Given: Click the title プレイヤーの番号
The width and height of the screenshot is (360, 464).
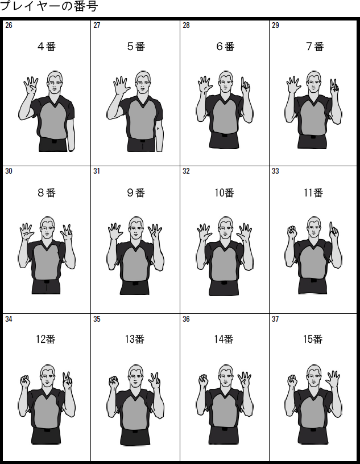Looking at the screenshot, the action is tap(49, 6).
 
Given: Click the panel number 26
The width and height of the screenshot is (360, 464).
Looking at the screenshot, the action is tap(9, 26).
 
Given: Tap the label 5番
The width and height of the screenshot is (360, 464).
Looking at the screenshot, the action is tap(136, 47).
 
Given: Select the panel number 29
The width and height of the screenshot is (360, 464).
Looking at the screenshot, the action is tap(275, 26).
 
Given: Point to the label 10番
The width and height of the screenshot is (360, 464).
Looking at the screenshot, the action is tap(224, 193).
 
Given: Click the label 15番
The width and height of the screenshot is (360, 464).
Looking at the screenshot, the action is tap(313, 339).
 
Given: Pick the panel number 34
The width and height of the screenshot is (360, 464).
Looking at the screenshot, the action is tap(9, 319).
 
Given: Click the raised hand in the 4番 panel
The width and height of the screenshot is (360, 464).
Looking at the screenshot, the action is tap(31, 85).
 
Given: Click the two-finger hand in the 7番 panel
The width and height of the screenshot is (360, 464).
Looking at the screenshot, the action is tap(334, 87).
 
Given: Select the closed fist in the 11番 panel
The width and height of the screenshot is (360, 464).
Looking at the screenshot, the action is tap(292, 232).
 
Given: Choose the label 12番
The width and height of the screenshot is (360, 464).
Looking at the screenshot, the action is tap(45, 339).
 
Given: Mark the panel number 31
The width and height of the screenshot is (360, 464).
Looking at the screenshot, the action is tap(97, 171).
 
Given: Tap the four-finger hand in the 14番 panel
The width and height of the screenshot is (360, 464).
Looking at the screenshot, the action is tap(244, 379).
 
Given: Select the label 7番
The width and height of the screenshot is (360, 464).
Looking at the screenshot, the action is tap(315, 47).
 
